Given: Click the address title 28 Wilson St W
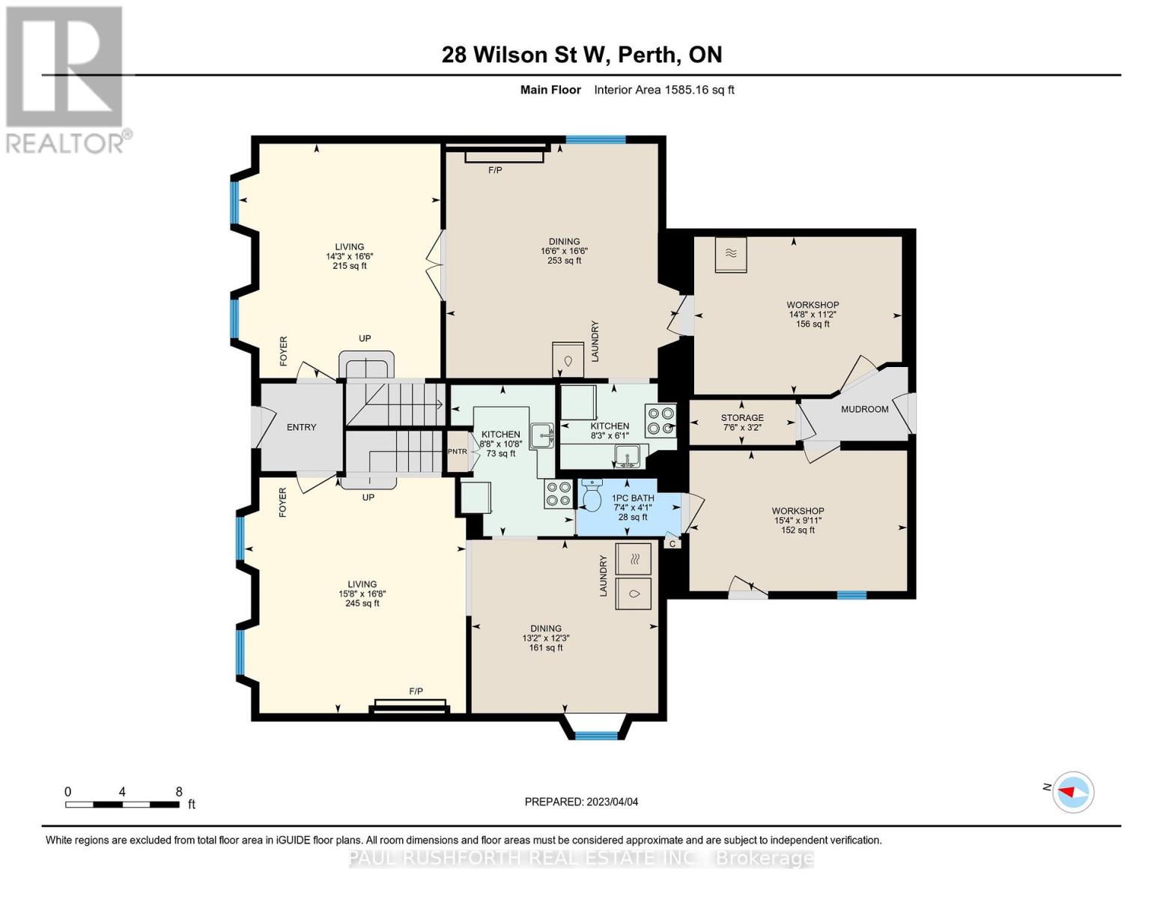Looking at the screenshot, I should pos(581,55).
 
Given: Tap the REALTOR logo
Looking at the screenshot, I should pos(65,79).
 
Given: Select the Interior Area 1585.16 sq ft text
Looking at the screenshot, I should pos(664,90).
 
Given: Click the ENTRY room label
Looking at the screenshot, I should pos(301,427).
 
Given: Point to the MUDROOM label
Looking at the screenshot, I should pos(864,409).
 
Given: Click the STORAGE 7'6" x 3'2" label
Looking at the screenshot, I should pos(742,423).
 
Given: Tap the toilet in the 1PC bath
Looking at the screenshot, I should pos(591,496).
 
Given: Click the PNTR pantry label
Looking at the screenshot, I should pos(457,452).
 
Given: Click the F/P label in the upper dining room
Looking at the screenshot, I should pos(495,170).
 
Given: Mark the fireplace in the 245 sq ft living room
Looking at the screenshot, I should pos(410,706).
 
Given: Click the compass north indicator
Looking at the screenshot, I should pos(1073,792).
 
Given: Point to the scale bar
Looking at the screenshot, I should pos(122,805).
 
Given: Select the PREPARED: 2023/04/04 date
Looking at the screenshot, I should pos(581,802).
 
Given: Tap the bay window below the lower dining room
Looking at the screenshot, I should pos(596,727).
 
